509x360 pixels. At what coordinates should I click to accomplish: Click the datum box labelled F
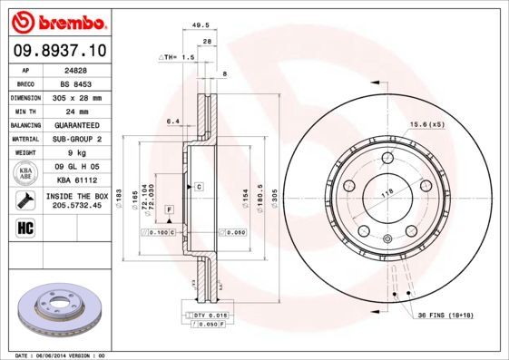pos(169,209)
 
